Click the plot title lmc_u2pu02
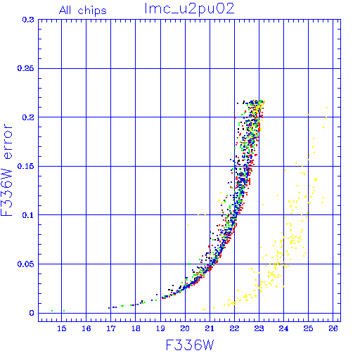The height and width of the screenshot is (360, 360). [x=189, y=9]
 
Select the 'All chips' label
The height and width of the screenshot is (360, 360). [x=83, y=11]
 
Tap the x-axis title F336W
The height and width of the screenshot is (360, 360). [x=190, y=345]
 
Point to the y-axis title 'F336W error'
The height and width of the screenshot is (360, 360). [x=6, y=170]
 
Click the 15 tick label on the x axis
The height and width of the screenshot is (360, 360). [x=62, y=328]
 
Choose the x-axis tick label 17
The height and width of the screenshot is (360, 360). [x=111, y=328]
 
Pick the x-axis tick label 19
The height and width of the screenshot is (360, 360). [x=160, y=328]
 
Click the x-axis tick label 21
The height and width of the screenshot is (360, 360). [x=210, y=328]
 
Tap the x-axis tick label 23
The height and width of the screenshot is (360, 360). [x=259, y=328]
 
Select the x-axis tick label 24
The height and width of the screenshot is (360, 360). [x=283, y=328]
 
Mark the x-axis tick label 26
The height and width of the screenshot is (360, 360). [x=333, y=328]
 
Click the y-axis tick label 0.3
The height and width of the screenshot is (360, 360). [x=28, y=20]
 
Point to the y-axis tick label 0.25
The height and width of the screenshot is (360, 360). [x=25, y=68]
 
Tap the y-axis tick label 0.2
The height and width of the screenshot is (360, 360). [x=28, y=117]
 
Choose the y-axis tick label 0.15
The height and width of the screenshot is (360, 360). [x=25, y=166]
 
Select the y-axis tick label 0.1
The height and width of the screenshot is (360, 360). [x=28, y=215]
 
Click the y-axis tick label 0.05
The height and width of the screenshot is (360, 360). [x=25, y=264]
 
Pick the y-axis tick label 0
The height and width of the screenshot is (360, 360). [x=32, y=313]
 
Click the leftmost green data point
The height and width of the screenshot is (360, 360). [x=52, y=311]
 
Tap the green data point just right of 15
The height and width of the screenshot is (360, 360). [x=64, y=311]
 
